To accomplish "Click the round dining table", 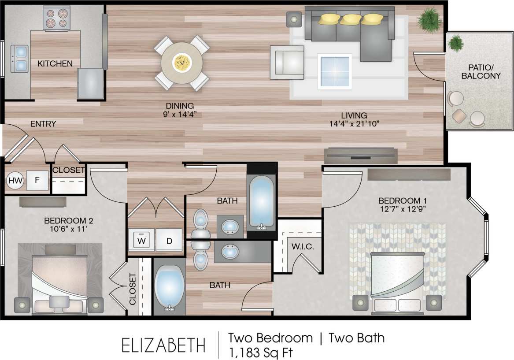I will [x=181, y=63].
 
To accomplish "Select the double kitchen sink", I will [x=20, y=59].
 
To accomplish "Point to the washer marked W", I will [x=141, y=241].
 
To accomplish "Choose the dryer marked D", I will [x=169, y=241].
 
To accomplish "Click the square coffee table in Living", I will [x=335, y=70].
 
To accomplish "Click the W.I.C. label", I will [x=302, y=247].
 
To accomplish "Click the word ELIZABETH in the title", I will [x=163, y=344].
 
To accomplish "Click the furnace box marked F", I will [x=37, y=180].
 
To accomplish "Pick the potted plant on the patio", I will [x=456, y=43].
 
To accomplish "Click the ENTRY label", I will [x=43, y=124].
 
